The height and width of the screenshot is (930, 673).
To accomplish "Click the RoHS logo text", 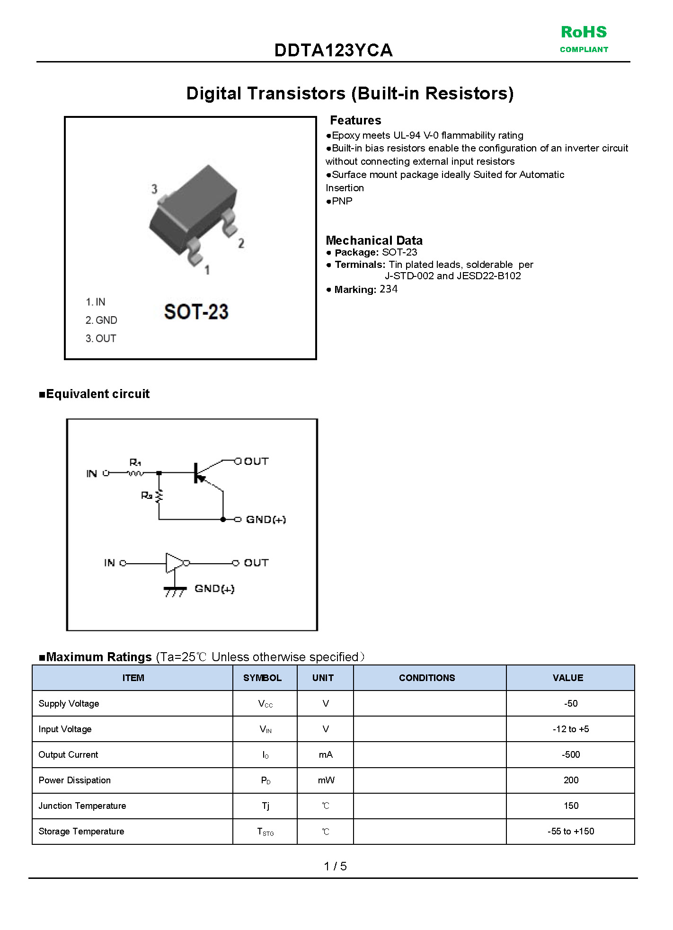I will pos(584,32).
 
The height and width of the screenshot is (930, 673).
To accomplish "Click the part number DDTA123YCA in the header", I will pos(333,50).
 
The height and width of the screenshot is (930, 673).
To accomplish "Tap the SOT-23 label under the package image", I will pos(196,312).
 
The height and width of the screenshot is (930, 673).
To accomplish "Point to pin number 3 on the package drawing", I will pos(154,189).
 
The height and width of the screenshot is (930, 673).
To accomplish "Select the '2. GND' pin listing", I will pos(101,320).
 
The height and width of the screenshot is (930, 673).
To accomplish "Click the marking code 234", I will pos(389,289).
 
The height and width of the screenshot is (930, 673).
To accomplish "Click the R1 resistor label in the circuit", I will pos(135,462).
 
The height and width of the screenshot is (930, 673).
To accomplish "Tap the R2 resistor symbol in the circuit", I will pos(159,496).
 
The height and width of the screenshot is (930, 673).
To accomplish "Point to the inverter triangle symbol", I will pos(175,563).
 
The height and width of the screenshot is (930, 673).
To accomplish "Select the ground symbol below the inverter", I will pos(175,590).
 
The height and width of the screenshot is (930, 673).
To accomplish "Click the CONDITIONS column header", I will pos(427,678).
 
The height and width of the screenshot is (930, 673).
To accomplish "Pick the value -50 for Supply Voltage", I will pos(571,704).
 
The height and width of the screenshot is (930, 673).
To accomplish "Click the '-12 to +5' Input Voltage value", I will pos(571,729).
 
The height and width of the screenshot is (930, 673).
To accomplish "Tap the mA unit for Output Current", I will pos(326,755).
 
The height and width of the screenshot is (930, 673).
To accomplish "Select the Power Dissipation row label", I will pos(75,780).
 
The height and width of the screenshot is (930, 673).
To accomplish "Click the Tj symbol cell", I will pos(266,806).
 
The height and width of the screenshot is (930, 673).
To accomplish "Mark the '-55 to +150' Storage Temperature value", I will pos(571,832).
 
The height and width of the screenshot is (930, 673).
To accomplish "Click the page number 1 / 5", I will pos(335,866).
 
